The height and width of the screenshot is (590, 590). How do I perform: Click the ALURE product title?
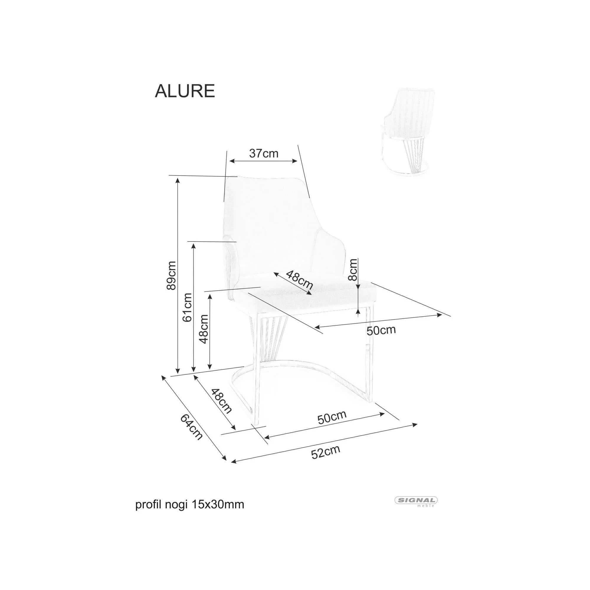[185, 91]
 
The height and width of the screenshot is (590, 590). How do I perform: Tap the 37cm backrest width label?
[263, 153]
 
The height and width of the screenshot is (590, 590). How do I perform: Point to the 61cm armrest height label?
[187, 307]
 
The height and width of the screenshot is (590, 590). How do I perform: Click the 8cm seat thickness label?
[353, 270]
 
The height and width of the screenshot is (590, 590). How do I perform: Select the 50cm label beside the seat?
[381, 330]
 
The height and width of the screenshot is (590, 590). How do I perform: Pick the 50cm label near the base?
[332, 417]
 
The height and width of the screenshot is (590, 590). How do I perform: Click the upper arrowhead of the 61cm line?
[193, 245]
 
